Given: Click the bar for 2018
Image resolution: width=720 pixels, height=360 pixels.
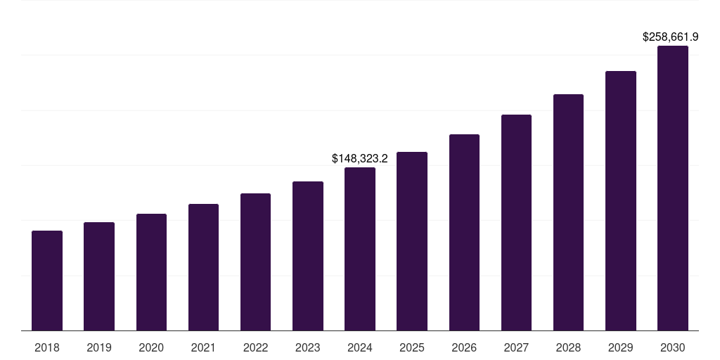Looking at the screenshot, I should pos(47,281).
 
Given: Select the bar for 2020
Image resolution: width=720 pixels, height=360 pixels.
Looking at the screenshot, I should pos(151,272).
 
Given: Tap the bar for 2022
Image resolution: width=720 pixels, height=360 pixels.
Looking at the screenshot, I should pos(255,262).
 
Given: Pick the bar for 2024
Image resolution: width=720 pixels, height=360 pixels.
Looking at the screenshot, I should pos(360,249).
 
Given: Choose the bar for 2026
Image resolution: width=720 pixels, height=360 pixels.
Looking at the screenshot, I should pos(464,232).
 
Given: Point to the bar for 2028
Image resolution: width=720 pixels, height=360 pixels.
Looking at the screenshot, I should pos(568,212).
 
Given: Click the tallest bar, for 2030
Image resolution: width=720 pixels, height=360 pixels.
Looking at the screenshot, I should pos(673,188).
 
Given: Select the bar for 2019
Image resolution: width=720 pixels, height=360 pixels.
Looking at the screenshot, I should pos(99,276).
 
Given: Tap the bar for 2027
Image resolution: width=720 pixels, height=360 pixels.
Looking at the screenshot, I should pos(516,222).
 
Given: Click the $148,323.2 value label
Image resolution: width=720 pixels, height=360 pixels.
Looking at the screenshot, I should pos(360,159).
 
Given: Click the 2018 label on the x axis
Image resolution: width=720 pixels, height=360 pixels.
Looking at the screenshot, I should pos(47,347).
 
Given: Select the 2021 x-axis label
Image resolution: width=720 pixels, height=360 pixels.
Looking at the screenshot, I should pos(203,347).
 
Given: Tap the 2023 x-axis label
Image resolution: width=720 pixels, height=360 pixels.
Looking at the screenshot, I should pos(308,347).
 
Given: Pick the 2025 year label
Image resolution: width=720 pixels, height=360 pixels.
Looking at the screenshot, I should pos(412,347).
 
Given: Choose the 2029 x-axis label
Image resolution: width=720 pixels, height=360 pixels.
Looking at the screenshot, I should pos(620,347).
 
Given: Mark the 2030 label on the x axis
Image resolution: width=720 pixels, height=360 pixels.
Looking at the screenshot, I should pos(673,347).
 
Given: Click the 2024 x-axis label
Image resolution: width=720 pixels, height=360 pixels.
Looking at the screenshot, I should pos(360,347).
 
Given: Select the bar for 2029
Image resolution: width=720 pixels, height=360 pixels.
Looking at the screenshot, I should pos(621,200).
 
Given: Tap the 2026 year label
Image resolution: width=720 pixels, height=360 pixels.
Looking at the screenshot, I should pos(464,347).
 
